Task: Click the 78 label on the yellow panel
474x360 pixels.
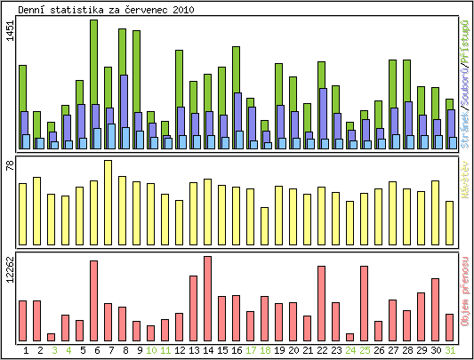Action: [x=9, y=164]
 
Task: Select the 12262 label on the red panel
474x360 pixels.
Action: [x=9, y=271]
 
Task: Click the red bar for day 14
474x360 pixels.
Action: [x=207, y=299]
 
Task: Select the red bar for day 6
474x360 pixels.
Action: [x=93, y=300]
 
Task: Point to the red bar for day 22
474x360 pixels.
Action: [x=321, y=303]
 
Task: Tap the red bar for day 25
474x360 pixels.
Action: [x=364, y=303]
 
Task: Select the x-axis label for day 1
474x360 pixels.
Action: [x=26, y=350]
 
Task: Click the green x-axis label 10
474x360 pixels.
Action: [x=151, y=350]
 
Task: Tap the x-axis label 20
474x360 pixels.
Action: [x=293, y=350]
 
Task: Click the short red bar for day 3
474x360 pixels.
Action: [x=51, y=337]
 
